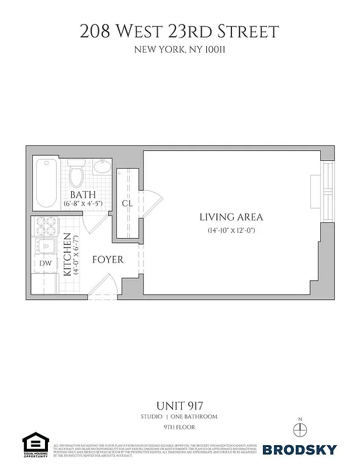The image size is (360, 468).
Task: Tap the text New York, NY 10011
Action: [179, 50]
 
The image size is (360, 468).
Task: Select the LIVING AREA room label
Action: [231, 217]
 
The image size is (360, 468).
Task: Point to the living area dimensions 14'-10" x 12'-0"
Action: [231, 230]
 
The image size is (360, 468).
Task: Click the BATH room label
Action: [83, 194]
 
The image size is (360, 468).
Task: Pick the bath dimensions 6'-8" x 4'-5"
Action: [83, 204]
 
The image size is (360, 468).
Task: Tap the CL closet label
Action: [127, 204]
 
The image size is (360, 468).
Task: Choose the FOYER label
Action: [108, 259]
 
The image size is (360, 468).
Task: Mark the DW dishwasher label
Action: [45, 264]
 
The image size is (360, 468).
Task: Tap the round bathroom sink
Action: [102, 168]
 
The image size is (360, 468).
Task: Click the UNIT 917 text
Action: [179, 405]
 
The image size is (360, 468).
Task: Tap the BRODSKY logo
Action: [300, 449]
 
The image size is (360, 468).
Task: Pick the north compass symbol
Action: [300, 428]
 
